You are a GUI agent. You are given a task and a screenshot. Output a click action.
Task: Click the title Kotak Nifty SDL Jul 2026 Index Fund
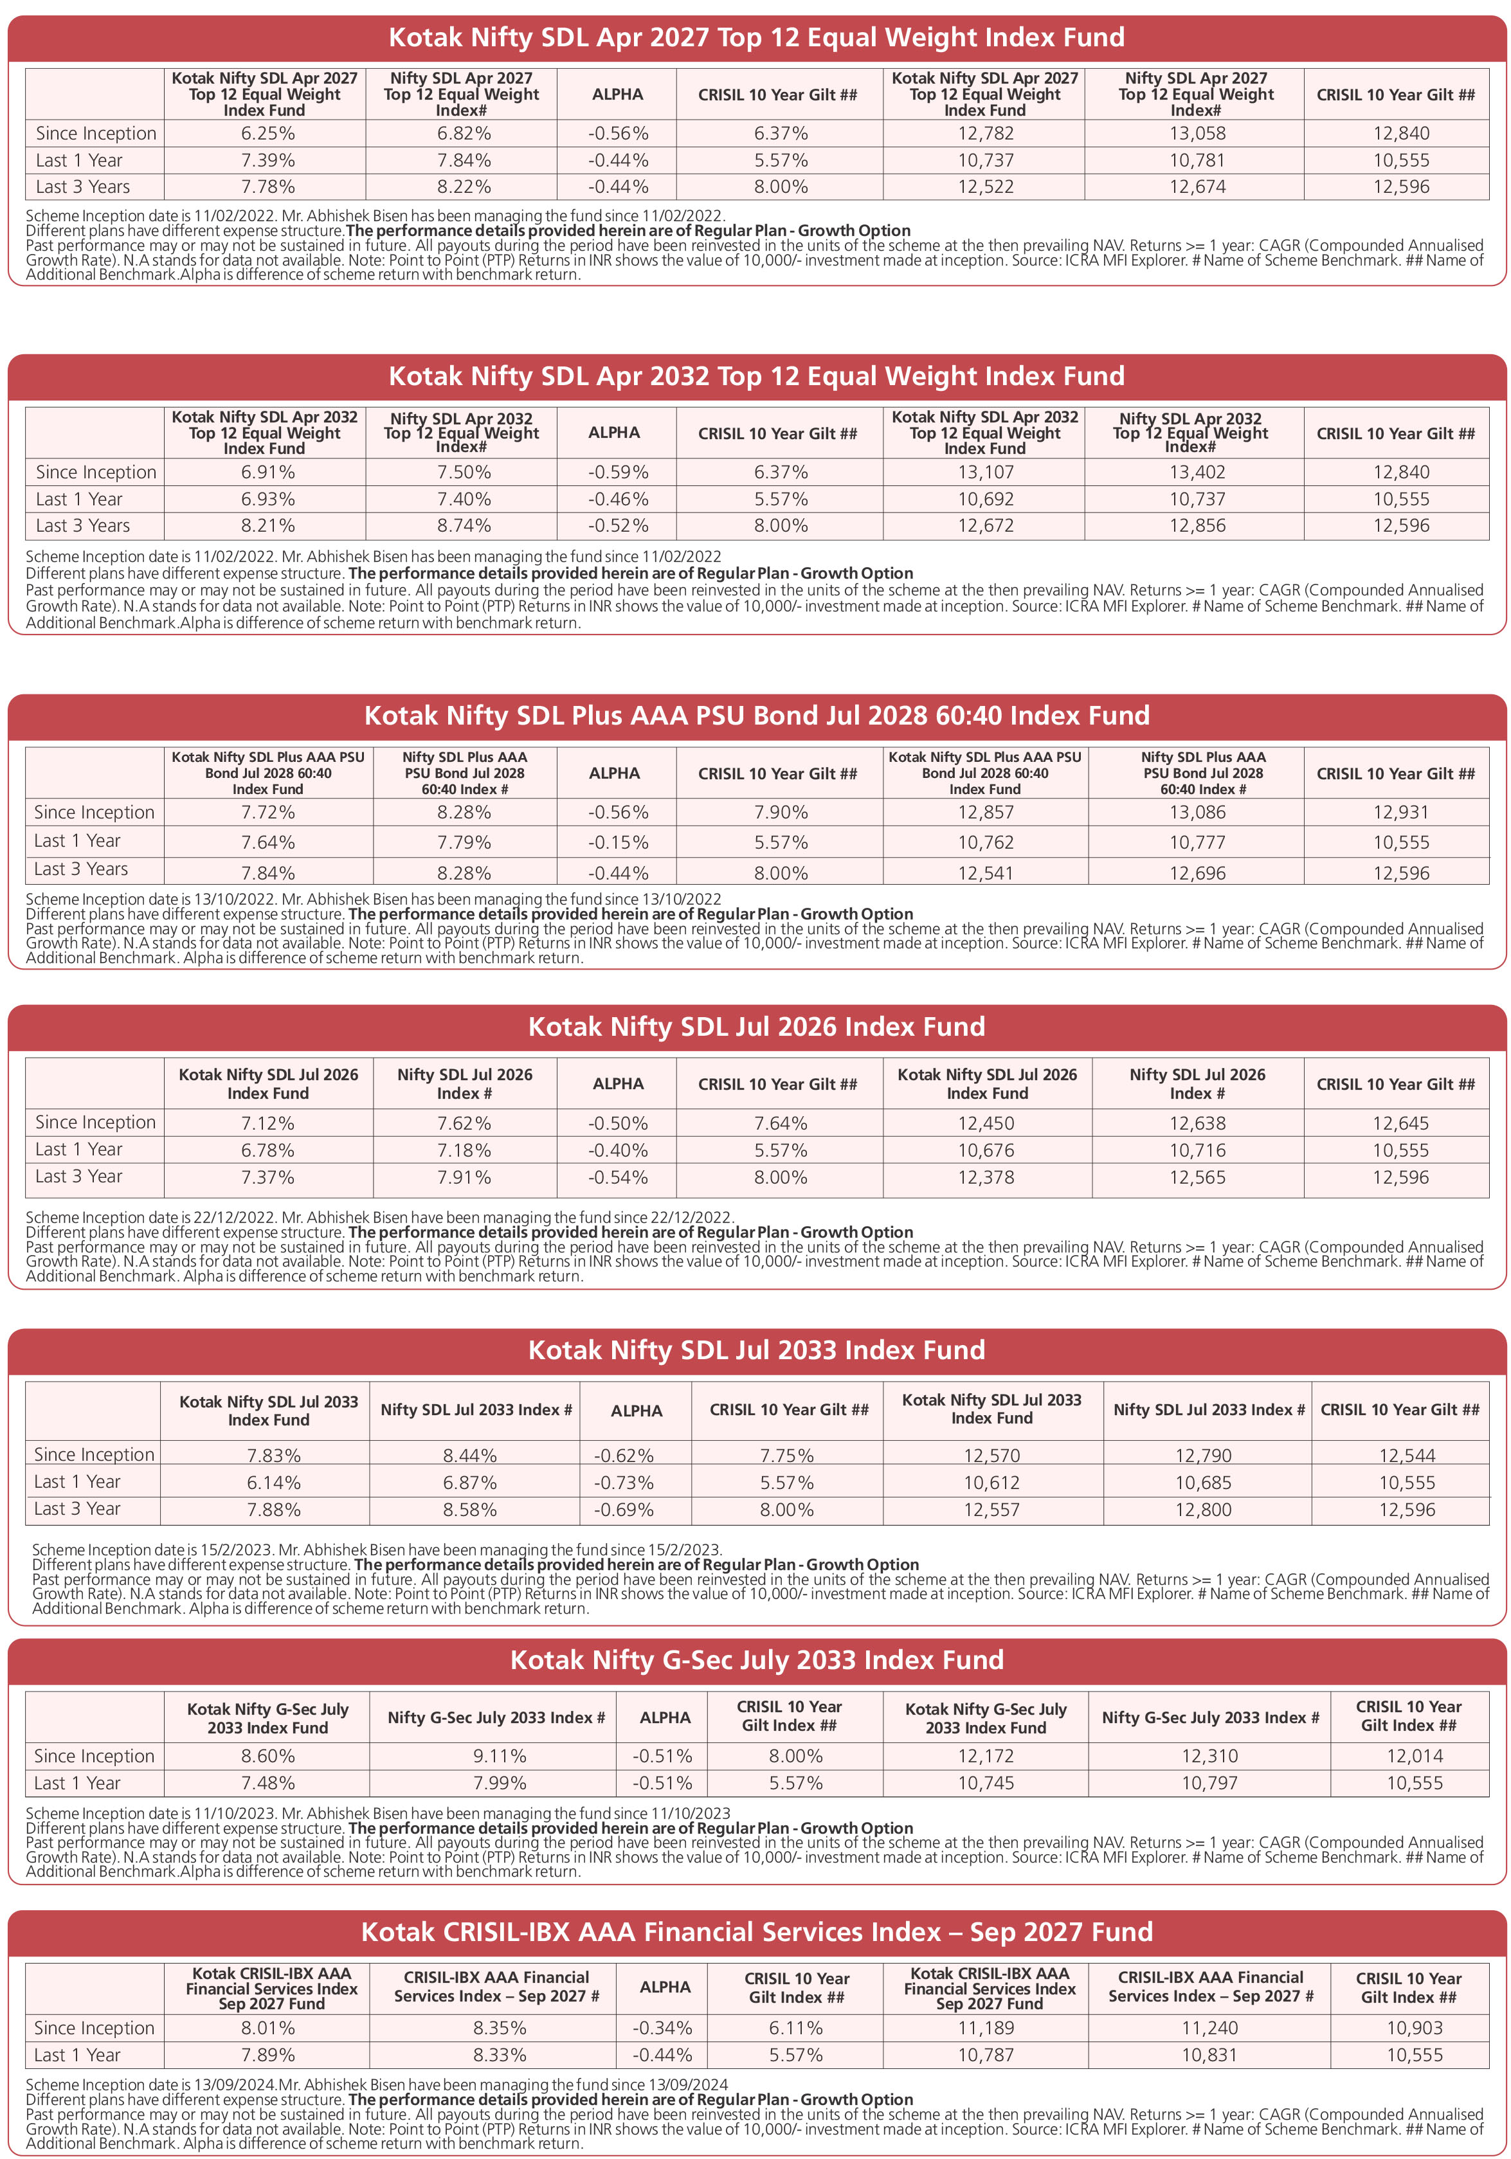click(x=756, y=1026)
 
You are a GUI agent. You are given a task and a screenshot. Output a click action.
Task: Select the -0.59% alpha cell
click(x=618, y=472)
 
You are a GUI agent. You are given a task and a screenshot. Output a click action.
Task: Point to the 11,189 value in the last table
click(x=986, y=2028)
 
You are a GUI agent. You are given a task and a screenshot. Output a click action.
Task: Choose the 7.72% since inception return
click(x=268, y=813)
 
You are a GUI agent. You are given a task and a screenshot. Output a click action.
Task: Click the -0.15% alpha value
click(x=618, y=842)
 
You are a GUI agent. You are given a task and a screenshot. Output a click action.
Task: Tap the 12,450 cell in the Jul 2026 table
click(x=986, y=1123)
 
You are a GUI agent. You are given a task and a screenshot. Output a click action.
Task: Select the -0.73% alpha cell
click(x=624, y=1483)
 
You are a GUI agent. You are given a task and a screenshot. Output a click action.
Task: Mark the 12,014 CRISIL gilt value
click(x=1414, y=1756)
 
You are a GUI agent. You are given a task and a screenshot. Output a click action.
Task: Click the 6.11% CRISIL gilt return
click(x=795, y=2028)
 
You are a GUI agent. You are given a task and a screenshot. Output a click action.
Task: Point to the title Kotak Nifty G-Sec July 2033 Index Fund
click(x=756, y=1659)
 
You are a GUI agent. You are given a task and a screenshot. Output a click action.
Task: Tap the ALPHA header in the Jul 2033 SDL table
click(x=637, y=1411)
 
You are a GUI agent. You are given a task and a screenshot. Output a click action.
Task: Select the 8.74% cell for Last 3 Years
click(x=464, y=526)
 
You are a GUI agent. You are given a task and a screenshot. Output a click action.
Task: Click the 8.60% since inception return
click(x=268, y=1756)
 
